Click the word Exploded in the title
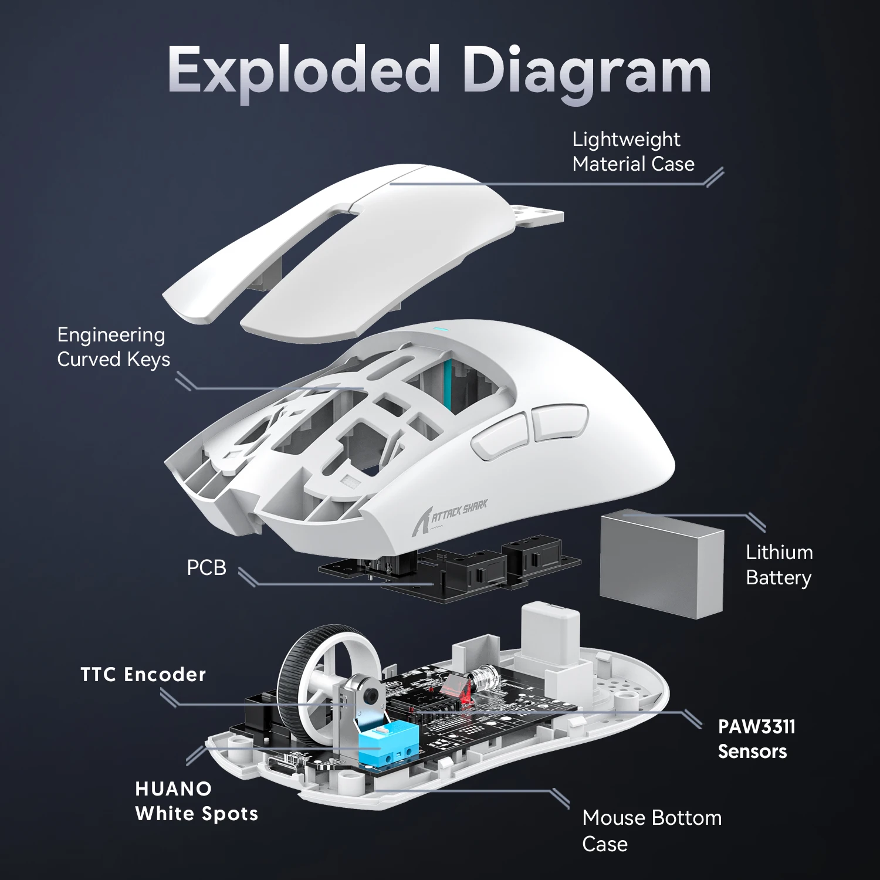click(x=303, y=70)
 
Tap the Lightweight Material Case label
click(x=632, y=151)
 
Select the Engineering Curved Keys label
click(x=113, y=347)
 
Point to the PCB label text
click(x=206, y=568)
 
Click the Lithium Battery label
click(x=779, y=564)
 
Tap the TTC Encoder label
click(x=143, y=675)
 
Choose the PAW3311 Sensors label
click(x=756, y=739)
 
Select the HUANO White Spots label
click(x=196, y=801)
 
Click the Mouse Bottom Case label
click(x=651, y=830)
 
